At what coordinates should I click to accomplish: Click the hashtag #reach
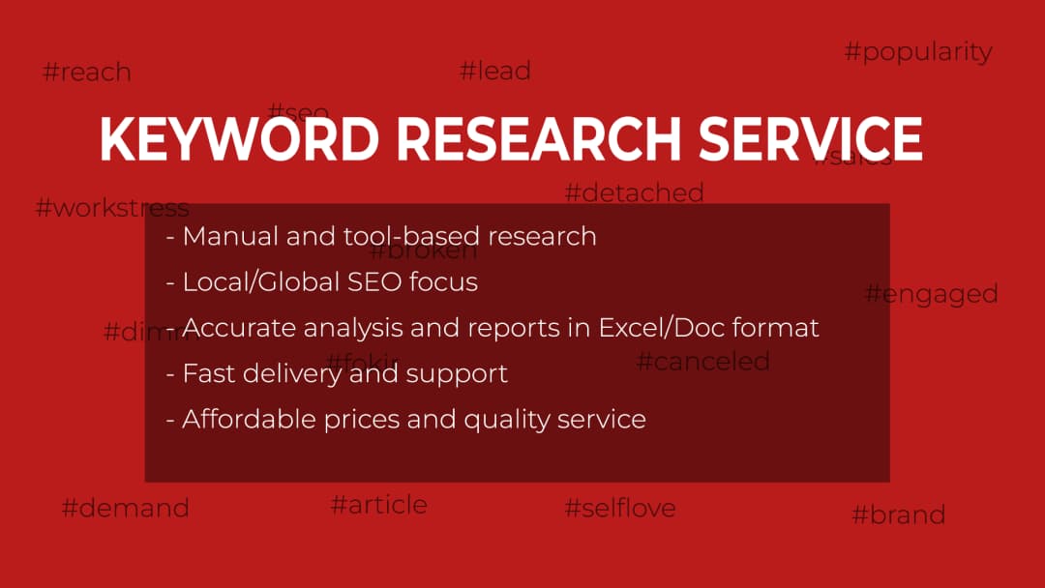point(87,73)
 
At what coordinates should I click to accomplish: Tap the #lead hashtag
point(494,71)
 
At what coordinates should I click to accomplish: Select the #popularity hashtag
point(918,52)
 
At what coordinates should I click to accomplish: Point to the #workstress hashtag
point(111,208)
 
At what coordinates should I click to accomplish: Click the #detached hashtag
point(634,192)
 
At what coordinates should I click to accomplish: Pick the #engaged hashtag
point(931,294)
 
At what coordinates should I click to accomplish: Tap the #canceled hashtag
point(702,362)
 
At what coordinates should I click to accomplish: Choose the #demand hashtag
point(125,508)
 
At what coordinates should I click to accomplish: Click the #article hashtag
point(378,505)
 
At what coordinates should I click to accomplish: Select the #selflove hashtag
point(619,508)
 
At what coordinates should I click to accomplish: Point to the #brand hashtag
point(898,514)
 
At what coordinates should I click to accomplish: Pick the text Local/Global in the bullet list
point(260,282)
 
